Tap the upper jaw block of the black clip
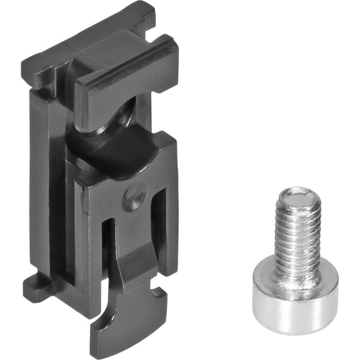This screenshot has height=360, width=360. pyautogui.click(x=126, y=82)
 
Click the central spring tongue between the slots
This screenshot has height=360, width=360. pyautogui.click(x=135, y=242)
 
